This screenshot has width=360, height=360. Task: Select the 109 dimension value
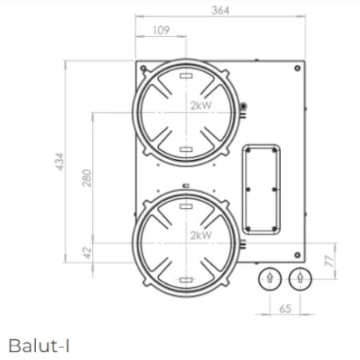(x=161, y=30)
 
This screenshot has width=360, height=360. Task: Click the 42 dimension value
(x=87, y=252)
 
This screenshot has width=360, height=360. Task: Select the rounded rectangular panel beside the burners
(x=262, y=189)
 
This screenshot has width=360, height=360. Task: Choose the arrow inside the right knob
(x=298, y=278)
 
